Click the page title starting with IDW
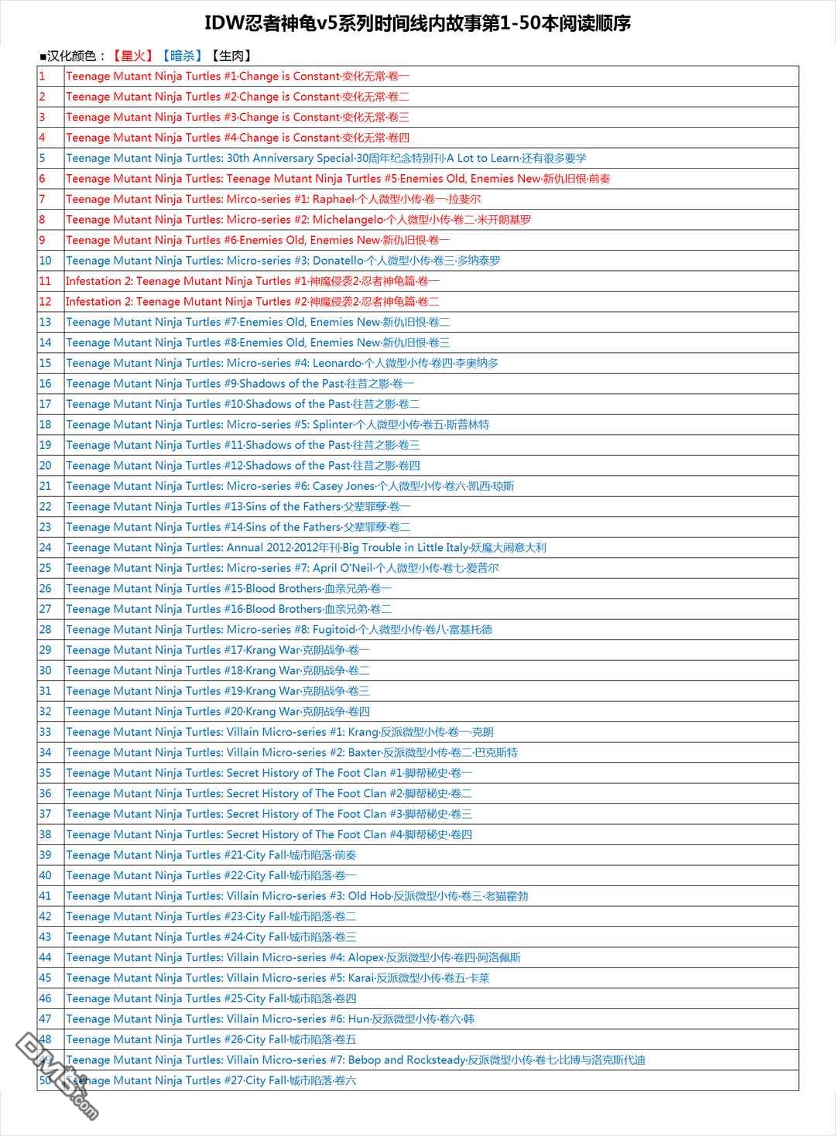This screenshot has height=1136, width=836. pyautogui.click(x=417, y=23)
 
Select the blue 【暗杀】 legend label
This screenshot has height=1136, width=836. pyautogui.click(x=181, y=56)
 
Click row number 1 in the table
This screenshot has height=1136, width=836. pyautogui.click(x=43, y=76)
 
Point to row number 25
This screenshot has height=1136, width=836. pyautogui.click(x=46, y=568)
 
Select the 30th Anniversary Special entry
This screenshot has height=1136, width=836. pyautogui.click(x=326, y=158)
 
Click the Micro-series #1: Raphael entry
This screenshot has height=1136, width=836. pyautogui.click(x=273, y=199)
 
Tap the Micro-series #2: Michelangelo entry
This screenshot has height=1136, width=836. pyautogui.click(x=298, y=220)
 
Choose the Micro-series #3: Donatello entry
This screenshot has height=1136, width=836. pyautogui.click(x=283, y=261)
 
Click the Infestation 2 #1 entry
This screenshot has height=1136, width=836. pyautogui.click(x=252, y=281)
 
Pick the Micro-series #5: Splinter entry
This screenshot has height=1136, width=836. pyautogui.click(x=277, y=425)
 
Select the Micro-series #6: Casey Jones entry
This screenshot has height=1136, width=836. pyautogui.click(x=290, y=486)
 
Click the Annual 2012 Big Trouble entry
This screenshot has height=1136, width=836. pyautogui.click(x=306, y=548)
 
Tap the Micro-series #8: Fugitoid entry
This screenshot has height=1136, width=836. pyautogui.click(x=279, y=630)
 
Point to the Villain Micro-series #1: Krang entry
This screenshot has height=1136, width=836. pyautogui.click(x=279, y=732)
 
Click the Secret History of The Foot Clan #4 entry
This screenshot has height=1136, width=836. pyautogui.click(x=269, y=835)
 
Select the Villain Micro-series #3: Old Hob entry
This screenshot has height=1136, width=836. pyautogui.click(x=296, y=896)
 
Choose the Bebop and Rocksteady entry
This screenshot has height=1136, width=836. pyautogui.click(x=355, y=1060)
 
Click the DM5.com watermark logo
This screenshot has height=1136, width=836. pyautogui.click(x=58, y=1076)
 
